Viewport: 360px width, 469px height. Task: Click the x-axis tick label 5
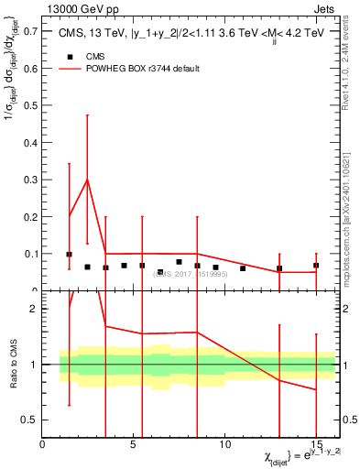click(x=134, y=444)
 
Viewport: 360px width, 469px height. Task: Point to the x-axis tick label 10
click(x=224, y=444)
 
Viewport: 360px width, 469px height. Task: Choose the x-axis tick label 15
click(x=316, y=444)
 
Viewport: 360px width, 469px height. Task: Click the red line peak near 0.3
click(x=87, y=180)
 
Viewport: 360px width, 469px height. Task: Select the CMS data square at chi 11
click(x=243, y=268)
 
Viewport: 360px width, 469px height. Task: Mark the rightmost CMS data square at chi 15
click(x=316, y=266)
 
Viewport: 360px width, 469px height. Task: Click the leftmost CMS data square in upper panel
click(x=69, y=255)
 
